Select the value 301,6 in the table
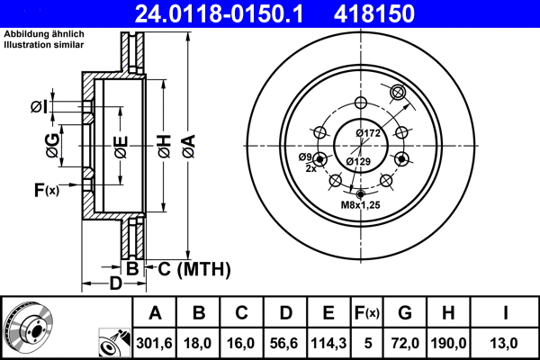pyautogui.click(x=155, y=342)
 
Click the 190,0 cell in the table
pyautogui.click(x=449, y=342)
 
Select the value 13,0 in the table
pyautogui.click(x=506, y=342)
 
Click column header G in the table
pyautogui.click(x=405, y=313)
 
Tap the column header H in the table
pyautogui.click(x=449, y=313)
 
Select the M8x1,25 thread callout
pyautogui.click(x=360, y=206)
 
